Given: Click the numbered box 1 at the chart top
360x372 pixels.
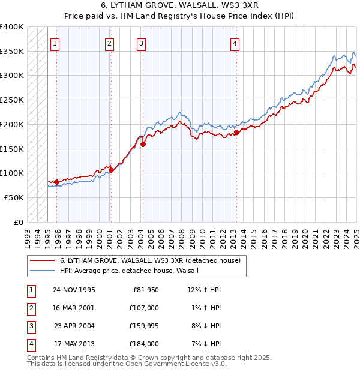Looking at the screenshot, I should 55,43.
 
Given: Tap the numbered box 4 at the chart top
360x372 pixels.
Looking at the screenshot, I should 235,43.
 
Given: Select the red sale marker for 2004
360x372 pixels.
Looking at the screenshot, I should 143,144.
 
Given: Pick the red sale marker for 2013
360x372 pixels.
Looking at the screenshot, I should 236,133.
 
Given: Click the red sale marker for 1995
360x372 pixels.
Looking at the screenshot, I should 57,182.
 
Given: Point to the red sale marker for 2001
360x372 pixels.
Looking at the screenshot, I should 111,170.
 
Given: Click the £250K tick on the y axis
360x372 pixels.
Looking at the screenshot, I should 12,100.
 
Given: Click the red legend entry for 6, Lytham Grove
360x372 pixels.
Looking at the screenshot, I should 150,260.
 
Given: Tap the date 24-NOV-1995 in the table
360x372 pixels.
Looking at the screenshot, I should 74,290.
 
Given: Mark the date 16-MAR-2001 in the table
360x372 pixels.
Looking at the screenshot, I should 74,308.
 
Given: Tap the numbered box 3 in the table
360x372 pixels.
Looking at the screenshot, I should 31,326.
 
